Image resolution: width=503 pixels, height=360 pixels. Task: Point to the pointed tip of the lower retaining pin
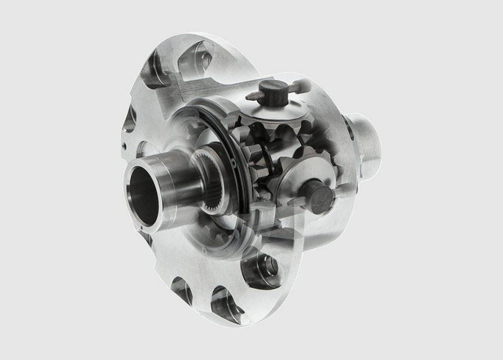point(289,203)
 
